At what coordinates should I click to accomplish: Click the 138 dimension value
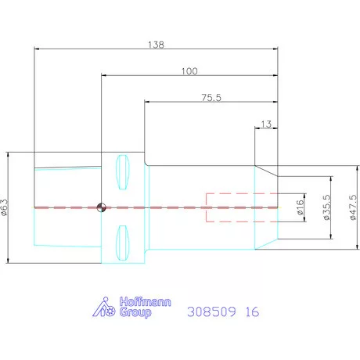point(156,45)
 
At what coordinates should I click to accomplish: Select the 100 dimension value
point(189,71)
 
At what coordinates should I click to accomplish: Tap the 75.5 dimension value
point(211,98)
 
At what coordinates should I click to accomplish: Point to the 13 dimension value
point(266,124)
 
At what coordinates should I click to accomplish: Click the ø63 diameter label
point(5,207)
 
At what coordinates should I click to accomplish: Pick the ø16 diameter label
point(301,207)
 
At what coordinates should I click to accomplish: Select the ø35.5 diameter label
point(327,207)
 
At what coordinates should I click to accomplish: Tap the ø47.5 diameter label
point(353,207)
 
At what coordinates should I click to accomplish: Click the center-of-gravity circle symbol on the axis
point(101,207)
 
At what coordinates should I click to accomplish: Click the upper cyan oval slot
point(122,172)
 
